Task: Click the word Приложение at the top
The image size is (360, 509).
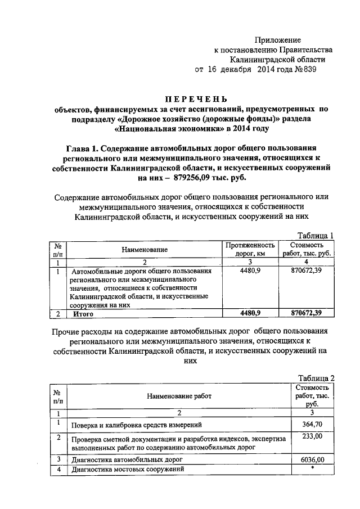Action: click(277, 40)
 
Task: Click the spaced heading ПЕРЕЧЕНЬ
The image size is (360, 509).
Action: click(186, 99)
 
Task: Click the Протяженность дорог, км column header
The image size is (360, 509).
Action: click(250, 249)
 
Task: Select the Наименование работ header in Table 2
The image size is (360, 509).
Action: click(179, 396)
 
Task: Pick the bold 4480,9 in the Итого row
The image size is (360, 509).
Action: click(250, 314)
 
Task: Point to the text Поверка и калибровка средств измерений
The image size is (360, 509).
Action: click(134, 425)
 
